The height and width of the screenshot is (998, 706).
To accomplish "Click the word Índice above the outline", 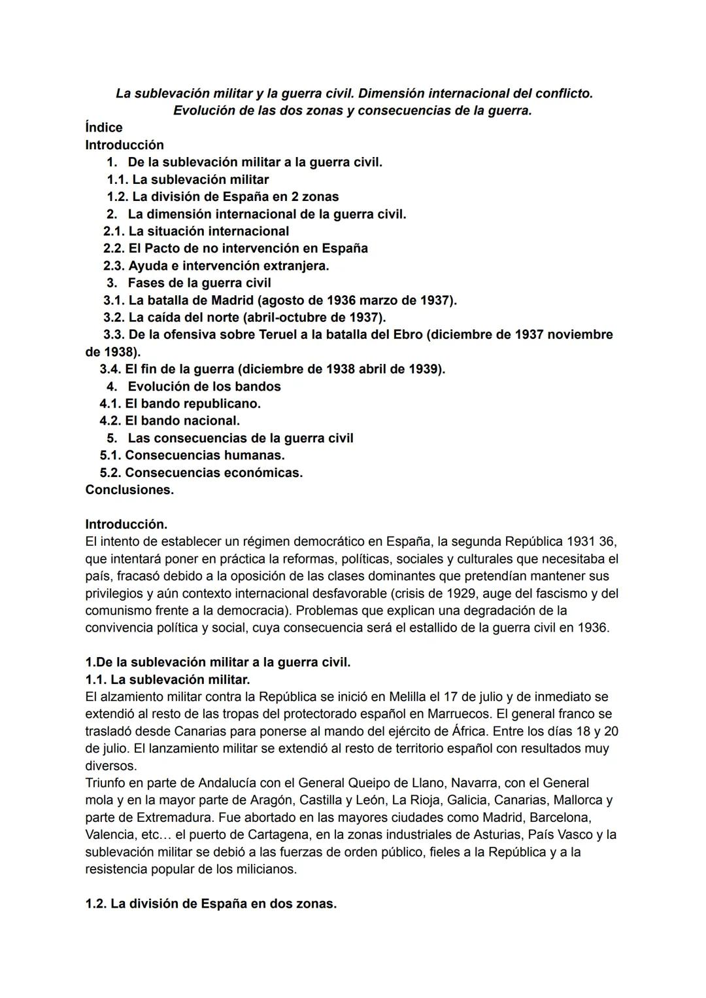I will [x=103, y=128].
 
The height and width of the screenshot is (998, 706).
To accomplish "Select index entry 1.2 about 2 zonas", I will [x=222, y=196].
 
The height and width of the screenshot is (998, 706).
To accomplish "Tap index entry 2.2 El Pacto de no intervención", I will [x=235, y=248].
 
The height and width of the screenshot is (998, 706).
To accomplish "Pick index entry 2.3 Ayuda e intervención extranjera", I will [x=216, y=266].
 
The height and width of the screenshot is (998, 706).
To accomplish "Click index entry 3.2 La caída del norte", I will [x=244, y=317].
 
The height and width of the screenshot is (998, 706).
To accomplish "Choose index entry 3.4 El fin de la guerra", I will [x=272, y=369].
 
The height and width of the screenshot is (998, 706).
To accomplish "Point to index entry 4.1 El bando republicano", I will [x=180, y=404].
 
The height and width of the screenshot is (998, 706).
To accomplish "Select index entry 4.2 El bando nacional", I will [x=169, y=421].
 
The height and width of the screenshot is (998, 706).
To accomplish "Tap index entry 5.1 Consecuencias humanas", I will [x=192, y=455].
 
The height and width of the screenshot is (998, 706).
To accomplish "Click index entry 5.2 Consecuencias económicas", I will [x=201, y=472].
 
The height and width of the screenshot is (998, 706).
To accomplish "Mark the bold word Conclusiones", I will [x=129, y=490].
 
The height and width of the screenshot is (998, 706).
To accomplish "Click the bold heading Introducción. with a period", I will [x=126, y=524].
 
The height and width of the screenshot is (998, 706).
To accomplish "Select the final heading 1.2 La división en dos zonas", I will [x=210, y=904].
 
